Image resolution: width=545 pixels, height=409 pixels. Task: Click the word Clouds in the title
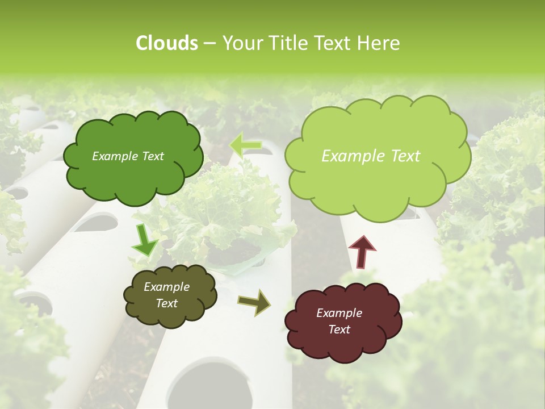166,43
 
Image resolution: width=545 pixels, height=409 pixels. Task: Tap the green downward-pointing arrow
145,241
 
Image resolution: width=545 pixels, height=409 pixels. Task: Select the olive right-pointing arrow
254,302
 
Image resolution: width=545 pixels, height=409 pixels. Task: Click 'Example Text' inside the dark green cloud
128,156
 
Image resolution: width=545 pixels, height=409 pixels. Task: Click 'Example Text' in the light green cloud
371,156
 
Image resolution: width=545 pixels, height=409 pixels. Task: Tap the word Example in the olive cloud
166,287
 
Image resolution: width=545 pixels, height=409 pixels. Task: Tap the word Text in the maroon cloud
339,329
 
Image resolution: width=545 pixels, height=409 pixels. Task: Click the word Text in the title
336,43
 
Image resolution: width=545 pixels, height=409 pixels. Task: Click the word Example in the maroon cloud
339,313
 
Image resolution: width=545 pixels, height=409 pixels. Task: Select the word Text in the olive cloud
166,303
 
